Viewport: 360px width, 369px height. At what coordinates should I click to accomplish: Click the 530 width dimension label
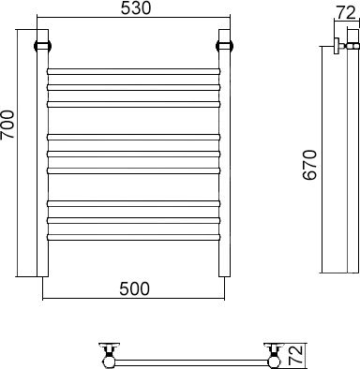136,8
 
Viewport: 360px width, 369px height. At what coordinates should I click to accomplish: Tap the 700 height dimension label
7,125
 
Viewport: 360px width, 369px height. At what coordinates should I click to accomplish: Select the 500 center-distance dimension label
134,288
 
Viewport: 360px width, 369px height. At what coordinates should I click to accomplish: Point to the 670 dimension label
309,165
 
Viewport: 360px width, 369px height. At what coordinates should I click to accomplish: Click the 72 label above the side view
347,13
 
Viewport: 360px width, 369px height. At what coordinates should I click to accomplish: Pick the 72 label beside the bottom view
295,355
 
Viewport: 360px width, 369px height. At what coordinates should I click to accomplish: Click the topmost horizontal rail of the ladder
134,71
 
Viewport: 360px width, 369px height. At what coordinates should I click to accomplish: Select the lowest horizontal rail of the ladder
134,237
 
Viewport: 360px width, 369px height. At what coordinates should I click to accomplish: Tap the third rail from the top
134,104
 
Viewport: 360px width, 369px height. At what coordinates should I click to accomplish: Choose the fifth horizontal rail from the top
134,154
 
